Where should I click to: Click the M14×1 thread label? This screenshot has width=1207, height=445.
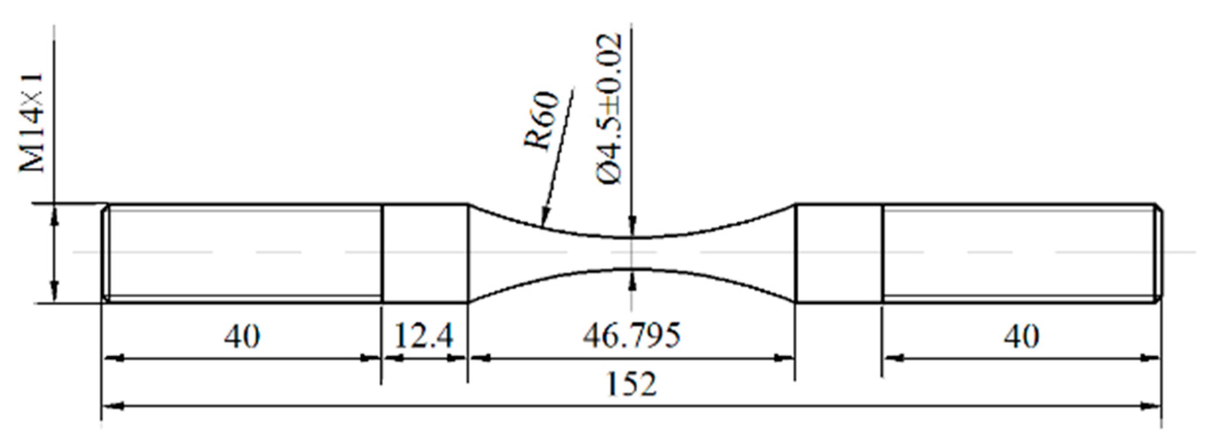click(x=32, y=123)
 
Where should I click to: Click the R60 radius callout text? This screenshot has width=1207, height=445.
click(x=542, y=121)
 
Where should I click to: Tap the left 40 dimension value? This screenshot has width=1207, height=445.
click(x=242, y=337)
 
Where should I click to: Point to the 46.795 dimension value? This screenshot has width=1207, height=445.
click(x=631, y=336)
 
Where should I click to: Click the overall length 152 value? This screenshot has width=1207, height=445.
click(x=631, y=384)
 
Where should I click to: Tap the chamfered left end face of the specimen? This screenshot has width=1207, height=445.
click(x=106, y=253)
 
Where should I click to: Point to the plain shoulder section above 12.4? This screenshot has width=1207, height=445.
click(x=425, y=253)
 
